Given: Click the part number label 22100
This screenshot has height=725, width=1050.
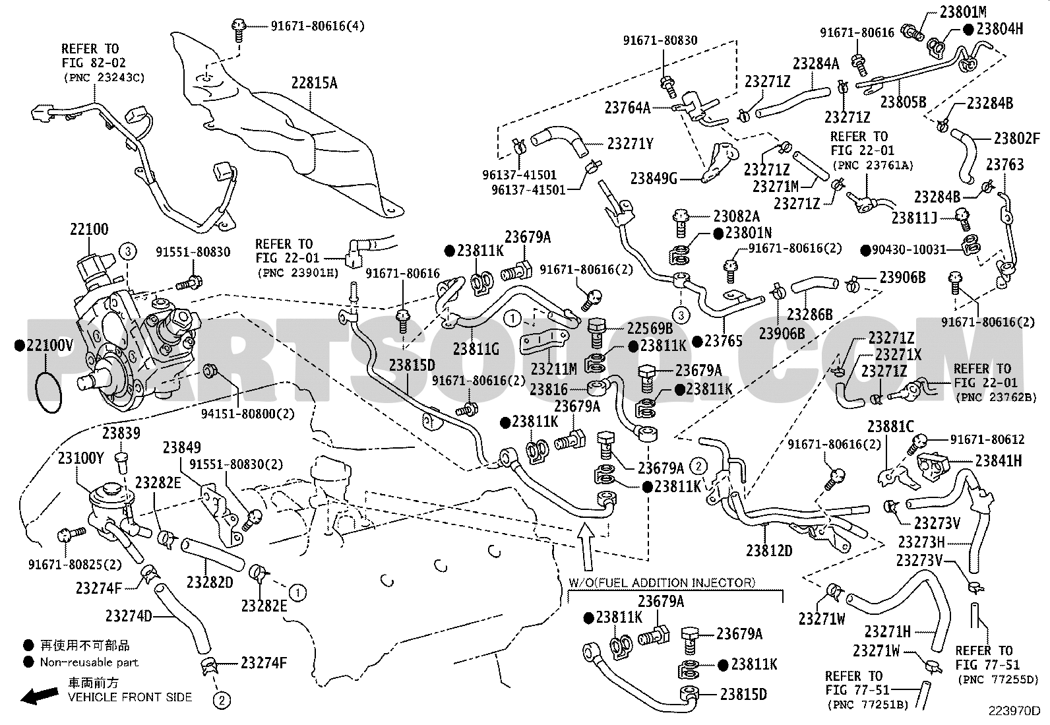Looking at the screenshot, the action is (89, 229).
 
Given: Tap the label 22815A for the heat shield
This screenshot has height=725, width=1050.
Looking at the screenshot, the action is (314, 83).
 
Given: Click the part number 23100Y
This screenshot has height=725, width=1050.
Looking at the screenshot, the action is (80, 458).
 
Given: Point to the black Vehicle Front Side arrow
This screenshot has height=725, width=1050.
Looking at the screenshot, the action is (40, 695).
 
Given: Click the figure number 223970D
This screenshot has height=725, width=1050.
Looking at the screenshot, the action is (1014, 711).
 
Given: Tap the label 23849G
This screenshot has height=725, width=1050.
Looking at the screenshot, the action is (654, 179).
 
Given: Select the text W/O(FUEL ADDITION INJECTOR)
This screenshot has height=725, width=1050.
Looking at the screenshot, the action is (662, 583).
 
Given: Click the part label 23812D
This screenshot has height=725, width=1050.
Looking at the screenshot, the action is (769, 550).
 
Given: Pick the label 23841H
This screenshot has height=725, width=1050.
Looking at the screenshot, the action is (999, 460).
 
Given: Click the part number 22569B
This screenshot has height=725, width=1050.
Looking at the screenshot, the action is (650, 329).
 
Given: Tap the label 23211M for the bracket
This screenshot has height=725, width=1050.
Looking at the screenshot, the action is (553, 369).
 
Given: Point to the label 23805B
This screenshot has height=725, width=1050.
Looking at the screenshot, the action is (904, 102).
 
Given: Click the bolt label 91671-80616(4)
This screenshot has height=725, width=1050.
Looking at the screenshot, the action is (317, 26).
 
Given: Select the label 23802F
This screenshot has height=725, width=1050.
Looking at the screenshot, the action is (1017, 139).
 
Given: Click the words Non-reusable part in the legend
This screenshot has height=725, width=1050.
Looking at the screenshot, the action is (89, 662).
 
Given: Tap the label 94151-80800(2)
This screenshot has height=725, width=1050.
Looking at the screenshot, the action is (248, 414).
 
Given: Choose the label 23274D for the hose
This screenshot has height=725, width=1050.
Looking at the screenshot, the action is (129, 615).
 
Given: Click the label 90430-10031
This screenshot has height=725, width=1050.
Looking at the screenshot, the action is (909, 249).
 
